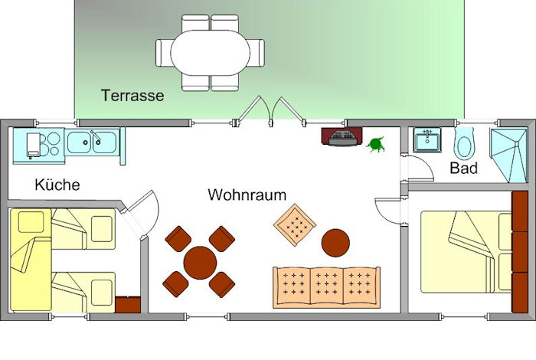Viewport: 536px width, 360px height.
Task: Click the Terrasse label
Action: [x=132, y=95]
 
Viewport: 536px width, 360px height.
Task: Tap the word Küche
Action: [x=57, y=185]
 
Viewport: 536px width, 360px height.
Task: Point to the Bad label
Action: [x=464, y=168]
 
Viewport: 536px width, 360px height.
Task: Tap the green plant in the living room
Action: [x=375, y=143]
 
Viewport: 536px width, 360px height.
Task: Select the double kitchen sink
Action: [x=92, y=142]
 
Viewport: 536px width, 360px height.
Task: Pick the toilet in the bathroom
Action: [x=466, y=142]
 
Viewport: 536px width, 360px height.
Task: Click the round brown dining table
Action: [x=199, y=263]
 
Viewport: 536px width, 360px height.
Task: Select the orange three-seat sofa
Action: [x=326, y=286]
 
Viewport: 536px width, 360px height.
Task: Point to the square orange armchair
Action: [x=295, y=225]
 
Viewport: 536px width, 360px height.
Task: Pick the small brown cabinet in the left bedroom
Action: [x=126, y=303]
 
